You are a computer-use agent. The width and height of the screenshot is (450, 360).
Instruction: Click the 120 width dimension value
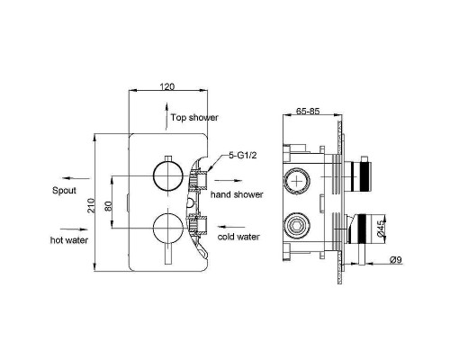pos(167,86)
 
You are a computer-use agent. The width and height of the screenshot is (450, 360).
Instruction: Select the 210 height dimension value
pos(91,206)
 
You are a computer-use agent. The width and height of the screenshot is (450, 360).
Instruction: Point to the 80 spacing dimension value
pos(109,206)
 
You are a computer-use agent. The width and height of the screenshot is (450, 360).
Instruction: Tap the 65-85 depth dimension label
pos(308,111)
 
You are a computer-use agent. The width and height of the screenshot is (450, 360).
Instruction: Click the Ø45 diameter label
pos(380,228)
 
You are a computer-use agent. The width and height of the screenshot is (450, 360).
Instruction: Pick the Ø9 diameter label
pos(395,260)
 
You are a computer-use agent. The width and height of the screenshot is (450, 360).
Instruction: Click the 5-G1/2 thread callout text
pos(243,156)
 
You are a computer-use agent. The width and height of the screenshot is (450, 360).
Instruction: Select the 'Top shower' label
pos(194,118)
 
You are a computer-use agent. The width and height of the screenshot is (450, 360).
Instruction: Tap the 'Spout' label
pos(64,191)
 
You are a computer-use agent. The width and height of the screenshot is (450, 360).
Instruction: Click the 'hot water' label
pos(69,240)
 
